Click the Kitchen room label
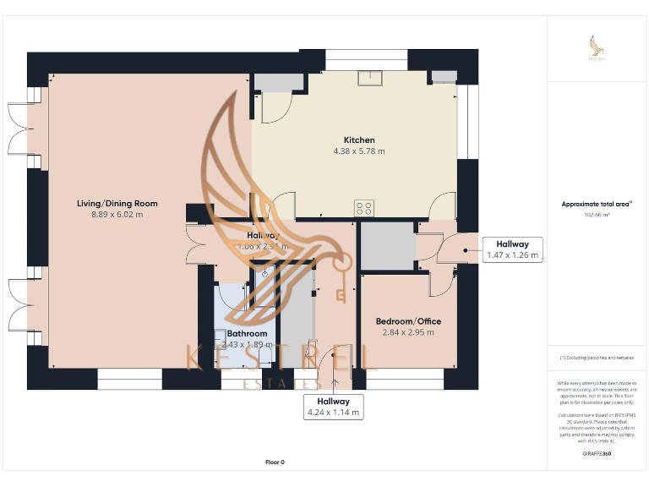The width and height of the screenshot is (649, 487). click(358, 140)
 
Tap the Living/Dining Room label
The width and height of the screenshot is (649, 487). click(117, 204)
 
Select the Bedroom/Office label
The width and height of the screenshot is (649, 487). click(408, 321)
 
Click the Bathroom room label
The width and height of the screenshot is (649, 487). click(247, 334)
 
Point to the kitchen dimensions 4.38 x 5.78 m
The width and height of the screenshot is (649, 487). click(358, 151)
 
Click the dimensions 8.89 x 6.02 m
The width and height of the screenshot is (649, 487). click(117, 215)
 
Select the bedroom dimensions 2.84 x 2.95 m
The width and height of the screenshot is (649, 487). click(408, 332)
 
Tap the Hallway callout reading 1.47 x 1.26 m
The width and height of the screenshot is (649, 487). click(513, 249)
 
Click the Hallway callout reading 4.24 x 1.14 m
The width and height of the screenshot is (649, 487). click(334, 407)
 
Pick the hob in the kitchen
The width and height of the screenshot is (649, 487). click(364, 207)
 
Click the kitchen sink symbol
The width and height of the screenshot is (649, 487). click(369, 78)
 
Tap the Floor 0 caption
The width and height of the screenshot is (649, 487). click(275, 462)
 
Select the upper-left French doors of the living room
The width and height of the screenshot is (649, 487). click(19, 129)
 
